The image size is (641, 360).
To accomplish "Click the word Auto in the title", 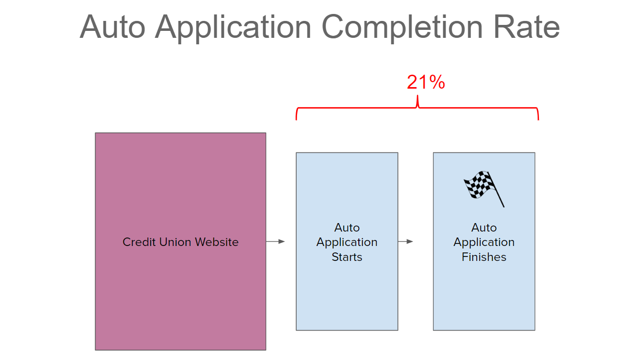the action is [112, 27].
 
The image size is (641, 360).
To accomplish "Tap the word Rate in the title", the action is [527, 27].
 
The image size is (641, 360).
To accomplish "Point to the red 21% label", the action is [426, 82].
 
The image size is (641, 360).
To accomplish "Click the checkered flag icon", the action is [484, 189].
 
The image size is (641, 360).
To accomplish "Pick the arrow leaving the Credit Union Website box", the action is [275, 241].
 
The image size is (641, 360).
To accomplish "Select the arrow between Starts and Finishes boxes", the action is [405, 241].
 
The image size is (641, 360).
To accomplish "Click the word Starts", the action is [347, 257].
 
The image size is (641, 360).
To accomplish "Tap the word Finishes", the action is [484, 257].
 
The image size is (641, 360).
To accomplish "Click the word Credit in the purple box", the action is [139, 242].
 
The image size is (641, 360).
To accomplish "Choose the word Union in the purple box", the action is [175, 242].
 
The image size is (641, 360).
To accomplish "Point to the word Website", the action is [217, 242].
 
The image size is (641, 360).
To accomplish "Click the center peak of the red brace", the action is [418, 96].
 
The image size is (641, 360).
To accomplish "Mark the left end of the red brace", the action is [296, 120].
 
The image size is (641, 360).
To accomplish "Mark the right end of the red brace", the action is [538, 120].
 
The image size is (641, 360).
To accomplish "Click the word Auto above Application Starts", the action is [347, 228].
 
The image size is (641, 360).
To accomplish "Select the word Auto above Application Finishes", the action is [484, 228].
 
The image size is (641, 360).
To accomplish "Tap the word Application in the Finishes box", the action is [484, 242].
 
